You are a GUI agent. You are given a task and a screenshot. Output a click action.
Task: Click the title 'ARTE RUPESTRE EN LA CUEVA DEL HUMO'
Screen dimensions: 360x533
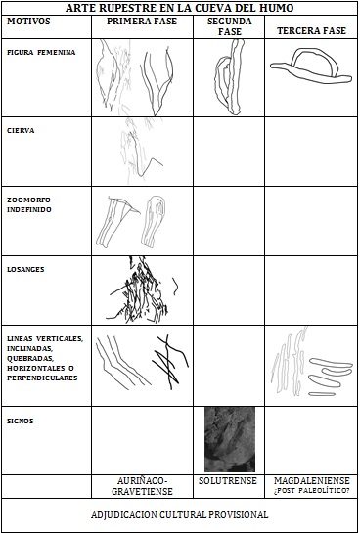click(x=179, y=8)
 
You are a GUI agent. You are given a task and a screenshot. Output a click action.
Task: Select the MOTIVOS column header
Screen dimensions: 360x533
click(x=29, y=22)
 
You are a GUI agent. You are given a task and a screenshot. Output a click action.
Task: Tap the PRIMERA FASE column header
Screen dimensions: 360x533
click(x=142, y=22)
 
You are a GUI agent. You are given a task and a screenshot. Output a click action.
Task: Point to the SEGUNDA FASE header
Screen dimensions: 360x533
click(x=230, y=26)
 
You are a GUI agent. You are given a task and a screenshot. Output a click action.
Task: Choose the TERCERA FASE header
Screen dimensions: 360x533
click(x=311, y=31)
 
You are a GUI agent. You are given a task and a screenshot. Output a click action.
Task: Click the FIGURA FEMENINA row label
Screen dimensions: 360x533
click(x=41, y=53)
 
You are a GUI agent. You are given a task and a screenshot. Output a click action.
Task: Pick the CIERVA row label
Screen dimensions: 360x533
click(x=21, y=130)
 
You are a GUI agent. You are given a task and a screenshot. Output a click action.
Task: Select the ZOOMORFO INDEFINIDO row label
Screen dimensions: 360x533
click(x=29, y=204)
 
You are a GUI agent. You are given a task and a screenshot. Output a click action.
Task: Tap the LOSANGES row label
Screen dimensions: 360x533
click(x=25, y=270)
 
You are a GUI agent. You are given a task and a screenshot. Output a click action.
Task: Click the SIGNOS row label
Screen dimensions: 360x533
click(x=21, y=422)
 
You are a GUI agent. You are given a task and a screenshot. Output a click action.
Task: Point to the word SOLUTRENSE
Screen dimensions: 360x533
click(x=228, y=481)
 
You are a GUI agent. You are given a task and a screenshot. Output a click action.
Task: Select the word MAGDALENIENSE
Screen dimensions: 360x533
click(x=312, y=480)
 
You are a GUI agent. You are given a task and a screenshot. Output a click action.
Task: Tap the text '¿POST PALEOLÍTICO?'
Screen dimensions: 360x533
click(x=312, y=491)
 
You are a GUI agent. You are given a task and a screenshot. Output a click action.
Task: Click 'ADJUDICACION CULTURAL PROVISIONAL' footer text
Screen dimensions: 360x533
click(x=179, y=515)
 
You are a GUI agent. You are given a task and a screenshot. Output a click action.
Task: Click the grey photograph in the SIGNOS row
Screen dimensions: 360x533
click(x=230, y=439)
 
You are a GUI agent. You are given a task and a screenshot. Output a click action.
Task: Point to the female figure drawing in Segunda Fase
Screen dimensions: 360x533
click(x=230, y=78)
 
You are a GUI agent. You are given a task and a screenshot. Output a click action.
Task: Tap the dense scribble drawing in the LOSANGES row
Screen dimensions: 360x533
click(x=141, y=289)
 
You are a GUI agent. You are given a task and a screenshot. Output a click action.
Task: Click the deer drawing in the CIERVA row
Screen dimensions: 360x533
click(x=141, y=152)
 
